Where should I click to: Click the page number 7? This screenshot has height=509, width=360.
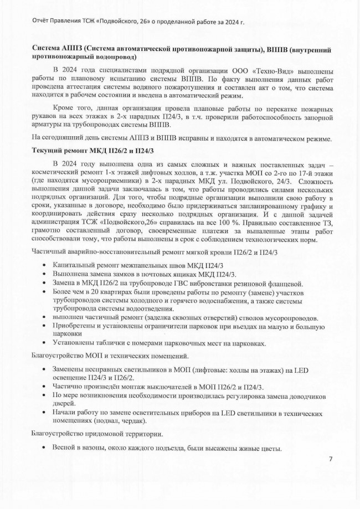tap(330, 459)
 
